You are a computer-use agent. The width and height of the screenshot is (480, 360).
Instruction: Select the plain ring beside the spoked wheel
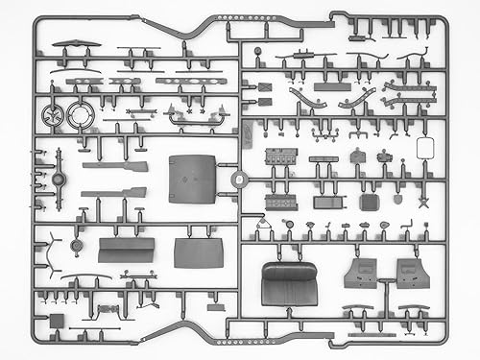click(x=82, y=115)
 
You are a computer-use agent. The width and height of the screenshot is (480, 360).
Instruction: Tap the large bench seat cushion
click(x=289, y=284)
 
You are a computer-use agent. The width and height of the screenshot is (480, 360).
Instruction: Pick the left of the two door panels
click(x=361, y=272)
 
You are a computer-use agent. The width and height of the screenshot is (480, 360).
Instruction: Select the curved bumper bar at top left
click(x=76, y=44)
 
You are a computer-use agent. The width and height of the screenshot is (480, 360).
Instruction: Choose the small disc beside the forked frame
click(x=59, y=180)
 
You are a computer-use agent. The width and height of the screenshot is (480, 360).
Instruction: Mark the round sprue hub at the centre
click(x=237, y=178)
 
